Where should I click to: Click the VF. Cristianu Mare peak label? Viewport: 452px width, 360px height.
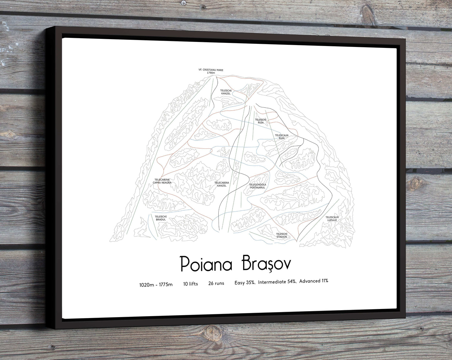point(211,70)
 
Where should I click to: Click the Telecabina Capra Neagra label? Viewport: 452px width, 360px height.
point(162,181)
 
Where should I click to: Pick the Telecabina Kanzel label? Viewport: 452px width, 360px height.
point(221,184)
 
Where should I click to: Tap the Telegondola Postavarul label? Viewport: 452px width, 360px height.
point(257,186)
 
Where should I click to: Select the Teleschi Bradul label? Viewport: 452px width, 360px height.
point(161,218)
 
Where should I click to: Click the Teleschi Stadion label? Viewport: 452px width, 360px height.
point(282,235)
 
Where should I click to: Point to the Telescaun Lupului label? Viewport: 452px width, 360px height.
point(332,219)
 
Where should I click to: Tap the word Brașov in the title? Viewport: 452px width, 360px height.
point(266,264)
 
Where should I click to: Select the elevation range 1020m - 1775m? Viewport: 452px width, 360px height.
point(156,285)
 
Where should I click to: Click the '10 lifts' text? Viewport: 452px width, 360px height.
point(190,284)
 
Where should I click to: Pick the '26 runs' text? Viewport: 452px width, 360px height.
point(216,283)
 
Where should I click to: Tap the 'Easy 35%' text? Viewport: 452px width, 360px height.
point(245,282)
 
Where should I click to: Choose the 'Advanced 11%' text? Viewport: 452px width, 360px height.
point(314,281)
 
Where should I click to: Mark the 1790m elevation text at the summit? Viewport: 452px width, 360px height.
point(211,73)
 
